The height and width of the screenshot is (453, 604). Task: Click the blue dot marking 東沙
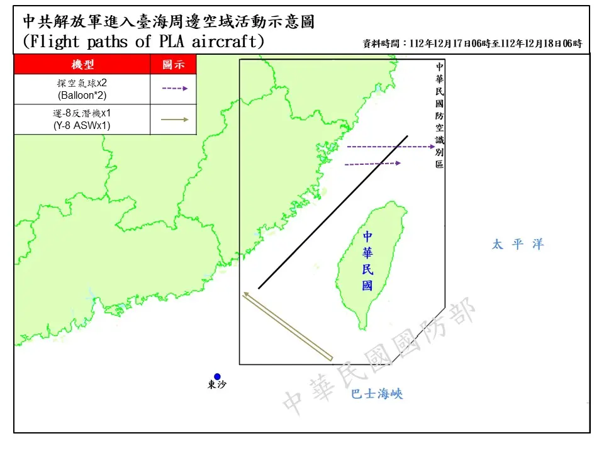[x=217, y=377]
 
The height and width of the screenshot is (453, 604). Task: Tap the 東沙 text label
[x=216, y=386]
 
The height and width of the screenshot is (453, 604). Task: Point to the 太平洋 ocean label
[x=517, y=245]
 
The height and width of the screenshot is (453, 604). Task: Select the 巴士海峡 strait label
[x=376, y=394]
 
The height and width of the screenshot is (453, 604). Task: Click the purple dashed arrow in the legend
[x=175, y=89]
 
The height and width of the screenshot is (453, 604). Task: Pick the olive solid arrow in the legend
[x=175, y=119]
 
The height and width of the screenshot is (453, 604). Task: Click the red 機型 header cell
[x=82, y=65]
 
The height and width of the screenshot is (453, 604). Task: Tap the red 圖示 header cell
[x=173, y=65]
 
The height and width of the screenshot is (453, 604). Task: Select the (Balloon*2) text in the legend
[x=82, y=95]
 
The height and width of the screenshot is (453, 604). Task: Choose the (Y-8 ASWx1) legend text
[x=82, y=125]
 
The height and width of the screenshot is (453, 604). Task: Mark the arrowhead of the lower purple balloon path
[x=398, y=163]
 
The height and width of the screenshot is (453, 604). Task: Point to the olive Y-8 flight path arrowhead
[x=246, y=294]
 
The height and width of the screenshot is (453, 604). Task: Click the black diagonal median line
[x=333, y=212]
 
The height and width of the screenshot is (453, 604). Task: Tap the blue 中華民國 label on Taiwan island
[x=367, y=260]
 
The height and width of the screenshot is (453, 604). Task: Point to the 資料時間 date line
[x=472, y=44]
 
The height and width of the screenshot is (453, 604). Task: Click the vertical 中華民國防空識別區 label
[x=439, y=115]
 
